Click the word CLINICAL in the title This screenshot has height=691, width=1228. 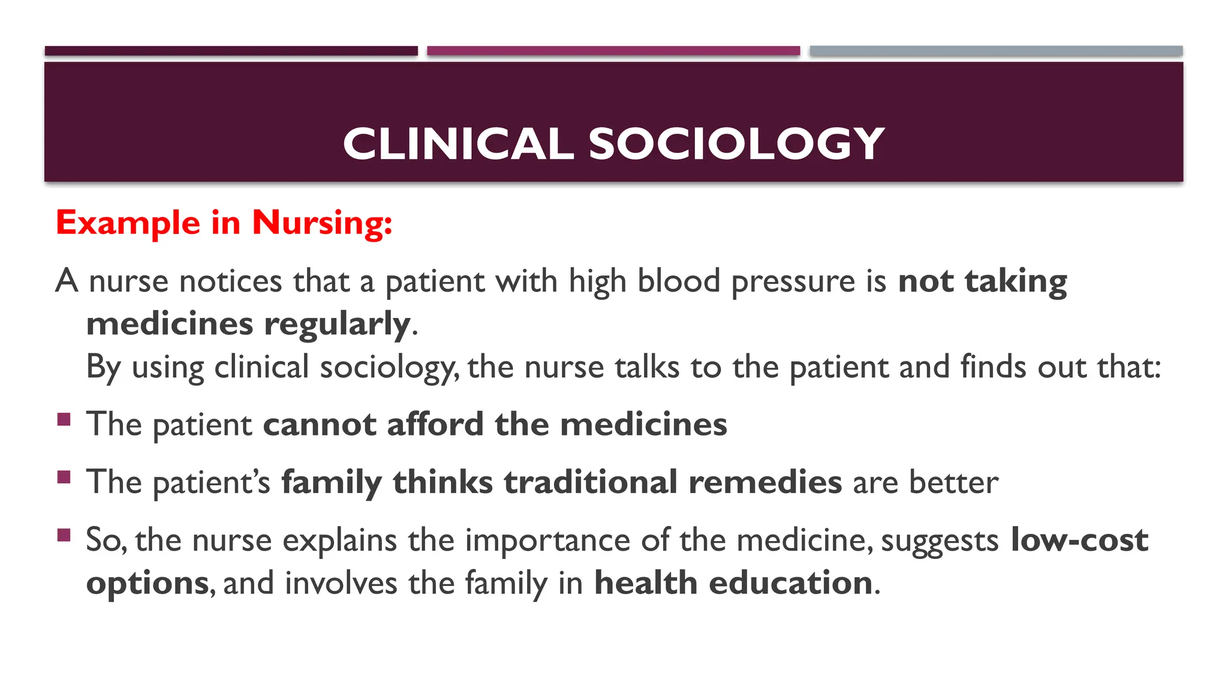(x=458, y=144)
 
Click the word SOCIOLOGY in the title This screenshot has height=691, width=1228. (x=736, y=144)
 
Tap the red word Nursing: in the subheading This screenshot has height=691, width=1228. (x=322, y=223)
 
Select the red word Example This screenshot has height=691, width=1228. (x=128, y=223)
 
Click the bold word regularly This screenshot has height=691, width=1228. (x=338, y=325)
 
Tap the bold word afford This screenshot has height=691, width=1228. (x=435, y=425)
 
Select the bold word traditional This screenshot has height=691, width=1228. (x=591, y=482)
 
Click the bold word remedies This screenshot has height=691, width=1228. (x=765, y=482)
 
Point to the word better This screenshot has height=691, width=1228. (x=953, y=482)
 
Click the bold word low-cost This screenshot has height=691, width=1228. (x=1079, y=540)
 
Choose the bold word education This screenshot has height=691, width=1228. (x=791, y=583)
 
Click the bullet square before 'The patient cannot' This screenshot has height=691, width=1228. (x=64, y=419)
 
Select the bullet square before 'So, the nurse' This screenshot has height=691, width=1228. (x=64, y=534)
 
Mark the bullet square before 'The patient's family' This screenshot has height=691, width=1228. (x=64, y=477)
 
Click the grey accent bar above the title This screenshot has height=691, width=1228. (x=996, y=51)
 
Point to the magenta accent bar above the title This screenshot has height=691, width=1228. (x=613, y=51)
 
